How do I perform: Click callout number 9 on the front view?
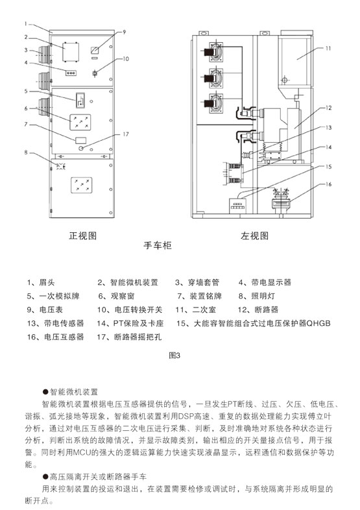click(124, 32)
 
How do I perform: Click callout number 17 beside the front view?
click(126, 134)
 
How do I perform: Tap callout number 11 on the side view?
click(328, 49)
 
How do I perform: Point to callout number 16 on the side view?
click(328, 184)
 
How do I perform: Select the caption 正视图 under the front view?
click(82, 236)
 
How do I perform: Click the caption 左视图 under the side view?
click(255, 236)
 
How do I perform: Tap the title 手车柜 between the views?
click(158, 245)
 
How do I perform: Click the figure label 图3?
click(174, 356)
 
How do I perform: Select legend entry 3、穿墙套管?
click(197, 282)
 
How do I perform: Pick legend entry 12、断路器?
click(258, 310)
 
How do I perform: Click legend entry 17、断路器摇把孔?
click(129, 337)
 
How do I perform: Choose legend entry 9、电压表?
click(45, 310)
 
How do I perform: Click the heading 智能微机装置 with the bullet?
click(70, 392)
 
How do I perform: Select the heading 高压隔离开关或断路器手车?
click(95, 477)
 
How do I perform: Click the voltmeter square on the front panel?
click(95, 50)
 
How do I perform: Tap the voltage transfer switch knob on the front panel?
click(95, 73)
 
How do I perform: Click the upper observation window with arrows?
click(80, 122)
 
